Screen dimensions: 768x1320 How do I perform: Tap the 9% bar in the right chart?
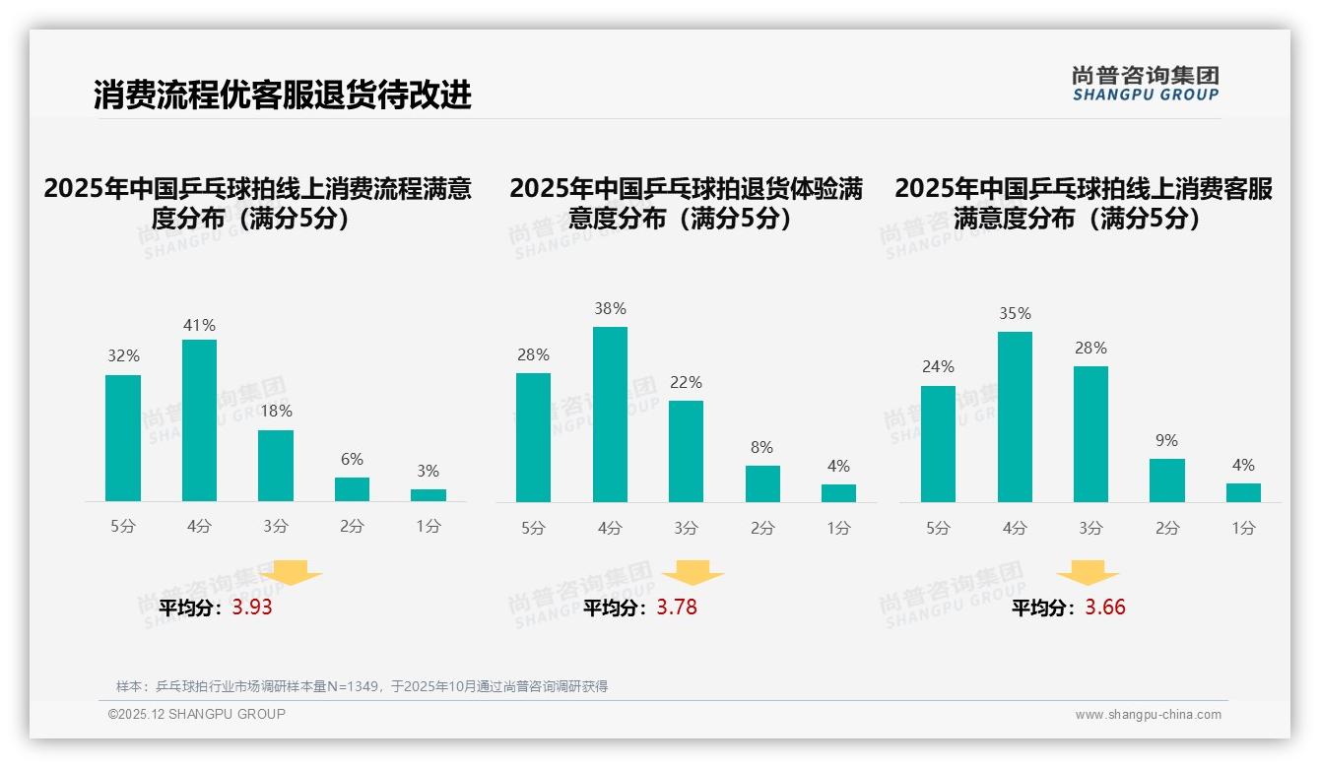point(1166,480)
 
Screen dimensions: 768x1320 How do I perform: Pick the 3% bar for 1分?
point(428,494)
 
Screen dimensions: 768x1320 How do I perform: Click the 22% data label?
point(687,383)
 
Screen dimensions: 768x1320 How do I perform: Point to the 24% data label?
point(938,367)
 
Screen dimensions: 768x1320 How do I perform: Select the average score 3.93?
point(252,608)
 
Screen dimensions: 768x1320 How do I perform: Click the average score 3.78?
point(677,608)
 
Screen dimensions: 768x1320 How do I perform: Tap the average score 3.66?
point(1105,608)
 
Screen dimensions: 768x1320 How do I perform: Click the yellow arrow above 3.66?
point(1088,573)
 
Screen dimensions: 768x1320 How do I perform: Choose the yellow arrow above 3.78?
point(693,573)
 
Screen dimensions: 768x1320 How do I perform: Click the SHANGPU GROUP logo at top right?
point(1145,84)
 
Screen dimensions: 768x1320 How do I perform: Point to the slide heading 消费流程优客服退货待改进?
point(283,95)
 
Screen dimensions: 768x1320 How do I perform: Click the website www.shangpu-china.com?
point(1148,715)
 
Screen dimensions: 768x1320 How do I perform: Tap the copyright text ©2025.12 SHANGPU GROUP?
point(197,714)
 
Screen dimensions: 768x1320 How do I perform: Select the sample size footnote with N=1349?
point(362,686)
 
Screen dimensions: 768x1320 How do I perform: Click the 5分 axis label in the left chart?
point(123,527)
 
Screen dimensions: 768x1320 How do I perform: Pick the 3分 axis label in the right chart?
point(1090,529)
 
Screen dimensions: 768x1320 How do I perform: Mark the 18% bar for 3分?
point(276,466)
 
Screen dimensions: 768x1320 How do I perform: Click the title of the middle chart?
point(687,203)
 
